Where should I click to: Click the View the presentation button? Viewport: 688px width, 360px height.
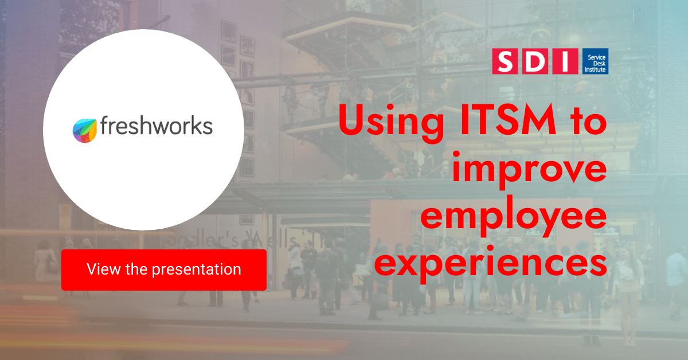point(164,269)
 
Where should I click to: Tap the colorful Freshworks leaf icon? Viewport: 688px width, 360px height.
point(84,131)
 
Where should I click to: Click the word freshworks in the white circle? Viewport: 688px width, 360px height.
point(157,126)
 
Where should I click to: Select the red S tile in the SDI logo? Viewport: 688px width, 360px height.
point(505,61)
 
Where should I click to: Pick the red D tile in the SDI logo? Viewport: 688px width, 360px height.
point(535,61)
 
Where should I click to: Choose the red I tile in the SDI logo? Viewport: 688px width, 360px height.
point(565,61)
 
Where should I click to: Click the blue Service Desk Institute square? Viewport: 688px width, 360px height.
point(595,61)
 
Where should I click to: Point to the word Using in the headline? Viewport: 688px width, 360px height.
point(391,123)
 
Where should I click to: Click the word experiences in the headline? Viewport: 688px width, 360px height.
point(491,264)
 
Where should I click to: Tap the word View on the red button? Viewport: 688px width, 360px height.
point(104,269)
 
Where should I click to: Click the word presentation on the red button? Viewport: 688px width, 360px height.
point(197,269)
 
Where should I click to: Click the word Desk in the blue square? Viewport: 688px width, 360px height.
point(599,64)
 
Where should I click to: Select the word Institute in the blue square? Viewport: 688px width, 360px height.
point(595,70)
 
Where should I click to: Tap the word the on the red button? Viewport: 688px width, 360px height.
point(136,269)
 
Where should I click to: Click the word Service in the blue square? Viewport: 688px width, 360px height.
point(596,57)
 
